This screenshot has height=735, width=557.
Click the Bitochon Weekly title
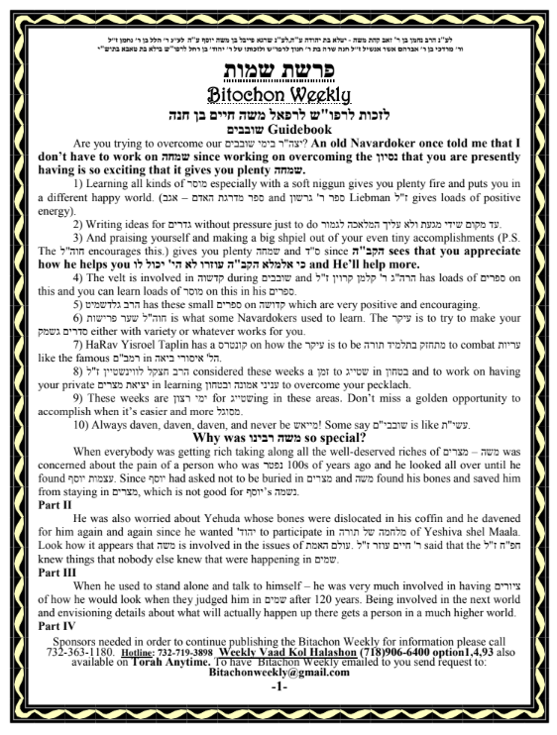pyautogui.click(x=278, y=95)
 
